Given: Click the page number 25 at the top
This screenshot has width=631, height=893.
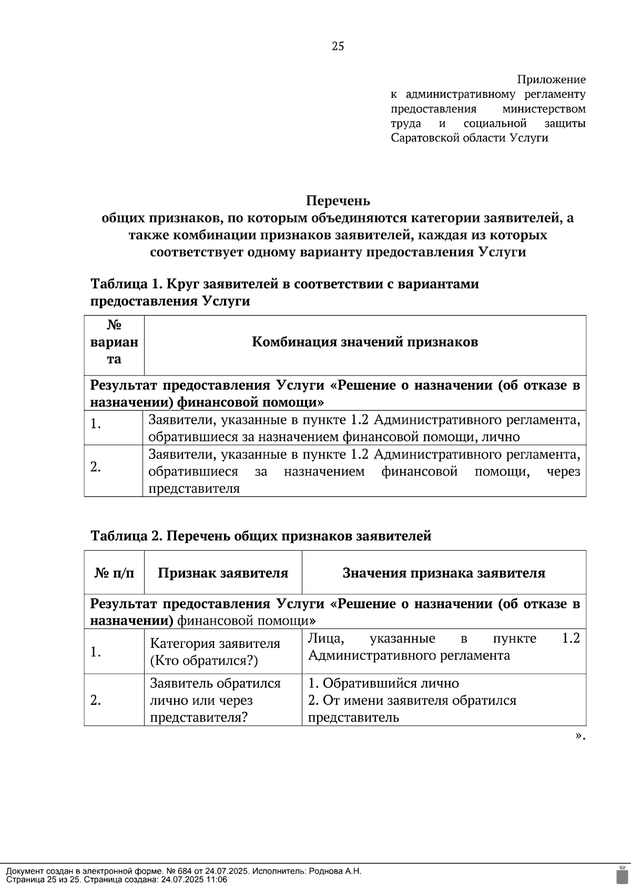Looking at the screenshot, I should [338, 46].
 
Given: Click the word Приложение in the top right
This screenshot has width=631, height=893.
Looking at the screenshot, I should [551, 80].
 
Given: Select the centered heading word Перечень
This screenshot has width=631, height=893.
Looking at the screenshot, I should [338, 201].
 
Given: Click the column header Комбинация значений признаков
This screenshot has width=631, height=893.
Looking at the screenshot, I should [365, 342].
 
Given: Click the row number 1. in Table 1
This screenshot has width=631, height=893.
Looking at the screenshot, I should [95, 423].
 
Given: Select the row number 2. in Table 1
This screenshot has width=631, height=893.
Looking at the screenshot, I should [95, 466].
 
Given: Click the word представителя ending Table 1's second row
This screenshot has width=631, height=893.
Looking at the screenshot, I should [194, 489].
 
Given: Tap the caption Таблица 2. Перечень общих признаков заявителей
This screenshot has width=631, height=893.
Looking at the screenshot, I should [261, 536].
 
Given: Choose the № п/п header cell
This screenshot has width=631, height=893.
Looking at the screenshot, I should [114, 573].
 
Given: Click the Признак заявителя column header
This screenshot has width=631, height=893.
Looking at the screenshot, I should [223, 573].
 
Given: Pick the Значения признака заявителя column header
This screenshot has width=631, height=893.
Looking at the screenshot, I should [444, 573].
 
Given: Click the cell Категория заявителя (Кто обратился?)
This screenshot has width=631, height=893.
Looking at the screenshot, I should [215, 652].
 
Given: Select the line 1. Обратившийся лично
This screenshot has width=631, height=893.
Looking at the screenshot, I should [383, 683].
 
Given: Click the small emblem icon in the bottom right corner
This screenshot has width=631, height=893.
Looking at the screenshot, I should [622, 874].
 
